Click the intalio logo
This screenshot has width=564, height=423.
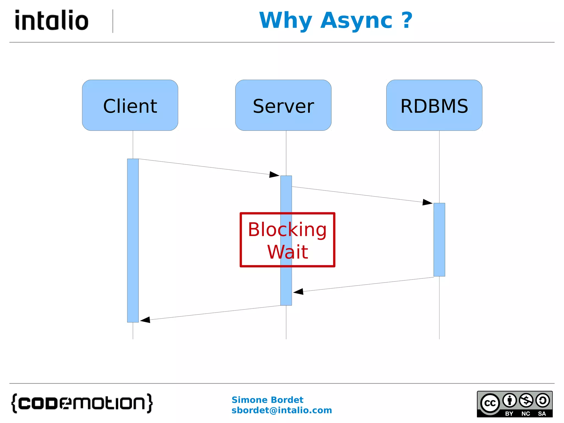pyautogui.click(x=52, y=20)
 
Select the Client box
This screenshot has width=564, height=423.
pyautogui.click(x=130, y=105)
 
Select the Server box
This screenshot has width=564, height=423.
pyautogui.click(x=283, y=105)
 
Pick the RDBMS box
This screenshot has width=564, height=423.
pyautogui.click(x=434, y=105)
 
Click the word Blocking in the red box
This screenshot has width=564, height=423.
pyautogui.click(x=287, y=229)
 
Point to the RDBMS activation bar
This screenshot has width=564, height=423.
pyautogui.click(x=439, y=240)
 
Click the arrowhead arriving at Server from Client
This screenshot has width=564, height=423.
pyautogui.click(x=274, y=175)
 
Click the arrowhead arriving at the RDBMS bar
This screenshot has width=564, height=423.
pyautogui.click(x=427, y=202)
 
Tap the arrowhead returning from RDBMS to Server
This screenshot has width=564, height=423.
pyautogui.click(x=298, y=292)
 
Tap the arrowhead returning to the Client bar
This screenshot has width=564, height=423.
pyautogui.click(x=145, y=320)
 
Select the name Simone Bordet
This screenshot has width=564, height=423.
pyautogui.click(x=267, y=400)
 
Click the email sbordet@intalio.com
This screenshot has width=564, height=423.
pyautogui.click(x=281, y=410)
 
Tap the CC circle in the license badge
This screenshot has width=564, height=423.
pyautogui.click(x=490, y=403)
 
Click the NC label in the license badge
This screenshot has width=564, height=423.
pyautogui.click(x=525, y=414)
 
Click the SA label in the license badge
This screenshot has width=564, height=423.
pyautogui.click(x=542, y=414)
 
